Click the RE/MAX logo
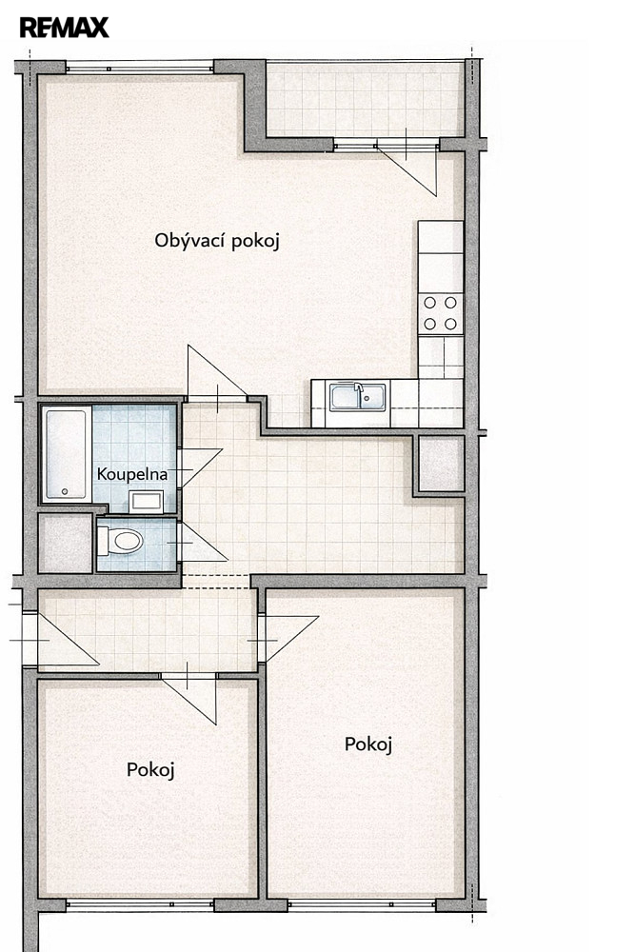[65, 28]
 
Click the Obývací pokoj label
[217, 241]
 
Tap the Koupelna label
[131, 474]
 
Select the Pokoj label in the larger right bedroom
[368, 744]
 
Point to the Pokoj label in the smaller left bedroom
[150, 770]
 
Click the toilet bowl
[121, 541]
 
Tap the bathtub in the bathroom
[66, 454]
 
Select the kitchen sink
[358, 396]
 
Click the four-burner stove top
[440, 313]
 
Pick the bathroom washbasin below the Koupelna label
[147, 502]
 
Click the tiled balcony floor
[366, 99]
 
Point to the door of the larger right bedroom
[288, 639]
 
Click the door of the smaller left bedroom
[189, 698]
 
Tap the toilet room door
[202, 543]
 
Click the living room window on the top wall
[140, 68]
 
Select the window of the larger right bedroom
[362, 904]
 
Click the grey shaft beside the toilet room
[66, 544]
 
